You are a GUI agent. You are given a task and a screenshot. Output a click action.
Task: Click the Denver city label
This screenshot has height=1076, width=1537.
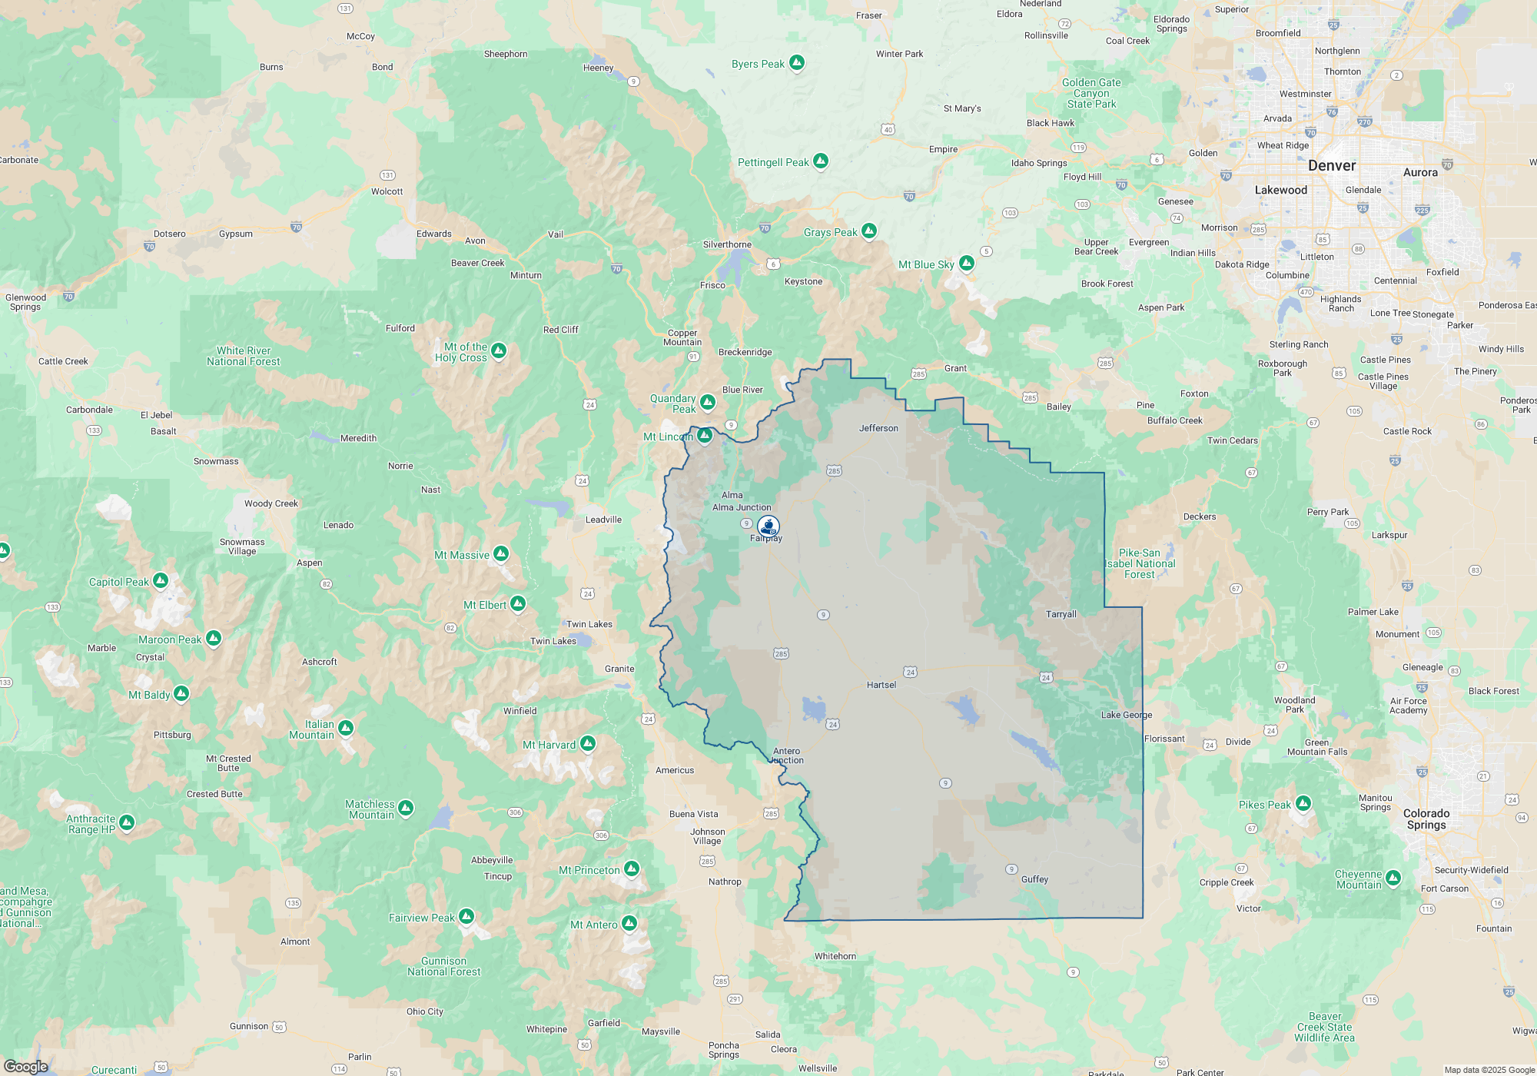tap(1332, 165)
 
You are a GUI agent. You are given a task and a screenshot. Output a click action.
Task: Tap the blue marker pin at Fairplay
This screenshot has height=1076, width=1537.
tap(768, 526)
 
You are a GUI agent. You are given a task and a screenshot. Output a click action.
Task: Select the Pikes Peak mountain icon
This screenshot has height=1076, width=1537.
tap(1303, 803)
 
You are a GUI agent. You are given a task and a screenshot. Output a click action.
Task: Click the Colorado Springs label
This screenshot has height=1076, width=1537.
tap(1426, 819)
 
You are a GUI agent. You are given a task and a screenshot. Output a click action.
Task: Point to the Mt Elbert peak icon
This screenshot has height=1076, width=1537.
tap(518, 604)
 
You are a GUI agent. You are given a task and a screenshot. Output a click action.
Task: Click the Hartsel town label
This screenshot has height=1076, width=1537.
tap(881, 685)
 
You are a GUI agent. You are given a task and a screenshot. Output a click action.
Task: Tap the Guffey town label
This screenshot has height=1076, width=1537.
tap(1034, 879)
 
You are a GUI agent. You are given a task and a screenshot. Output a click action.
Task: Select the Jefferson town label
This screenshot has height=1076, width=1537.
tap(878, 428)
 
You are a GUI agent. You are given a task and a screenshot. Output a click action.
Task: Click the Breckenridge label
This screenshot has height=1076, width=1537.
tap(745, 352)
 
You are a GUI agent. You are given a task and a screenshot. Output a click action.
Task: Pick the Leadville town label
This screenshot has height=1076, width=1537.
tap(603, 520)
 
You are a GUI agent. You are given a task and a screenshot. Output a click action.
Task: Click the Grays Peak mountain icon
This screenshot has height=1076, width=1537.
tap(869, 231)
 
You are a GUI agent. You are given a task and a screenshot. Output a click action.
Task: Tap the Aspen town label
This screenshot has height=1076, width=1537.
tap(310, 563)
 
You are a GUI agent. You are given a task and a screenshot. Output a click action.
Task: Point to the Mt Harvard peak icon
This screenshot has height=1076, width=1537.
tap(588, 743)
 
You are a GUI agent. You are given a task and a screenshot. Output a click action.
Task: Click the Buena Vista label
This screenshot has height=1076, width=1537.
tap(693, 814)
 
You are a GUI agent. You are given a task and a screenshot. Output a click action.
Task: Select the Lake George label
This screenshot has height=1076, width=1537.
tap(1126, 715)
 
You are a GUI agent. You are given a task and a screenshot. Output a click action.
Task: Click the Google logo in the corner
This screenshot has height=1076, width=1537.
tap(26, 1067)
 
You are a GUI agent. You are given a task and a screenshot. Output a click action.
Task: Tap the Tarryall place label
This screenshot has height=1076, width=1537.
tap(1061, 614)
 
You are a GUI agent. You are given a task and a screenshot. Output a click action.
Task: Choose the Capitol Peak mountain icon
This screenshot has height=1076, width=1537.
tap(161, 580)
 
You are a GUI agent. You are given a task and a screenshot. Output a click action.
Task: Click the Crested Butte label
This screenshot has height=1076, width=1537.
tap(214, 794)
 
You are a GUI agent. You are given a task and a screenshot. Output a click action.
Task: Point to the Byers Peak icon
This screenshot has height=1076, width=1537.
tap(797, 62)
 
